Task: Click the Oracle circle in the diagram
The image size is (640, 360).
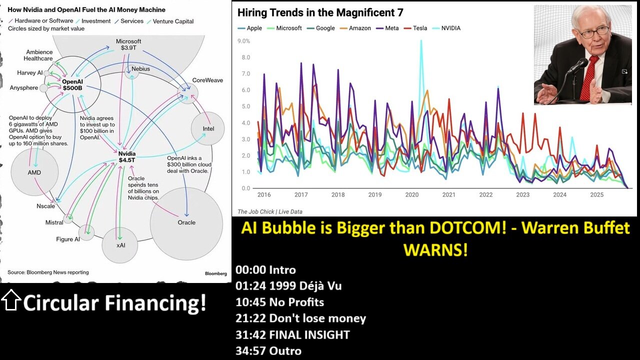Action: pyautogui.click(x=186, y=223)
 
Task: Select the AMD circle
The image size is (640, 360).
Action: pyautogui.click(x=34, y=172)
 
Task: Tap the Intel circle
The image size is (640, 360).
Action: pyautogui.click(x=208, y=129)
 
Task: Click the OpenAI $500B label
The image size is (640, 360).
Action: pyautogui.click(x=73, y=85)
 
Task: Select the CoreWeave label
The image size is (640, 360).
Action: pyautogui.click(x=207, y=80)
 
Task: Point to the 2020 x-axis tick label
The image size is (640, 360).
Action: pyautogui.click(x=411, y=195)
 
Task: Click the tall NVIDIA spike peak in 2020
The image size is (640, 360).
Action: pyautogui.click(x=421, y=41)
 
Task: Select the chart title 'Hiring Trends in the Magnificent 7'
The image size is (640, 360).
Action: pyautogui.click(x=320, y=13)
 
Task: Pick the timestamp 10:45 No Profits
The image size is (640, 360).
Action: pyautogui.click(x=279, y=302)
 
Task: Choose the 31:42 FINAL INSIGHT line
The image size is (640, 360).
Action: pyautogui.click(x=292, y=334)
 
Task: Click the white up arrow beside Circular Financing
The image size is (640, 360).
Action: pyautogui.click(x=11, y=300)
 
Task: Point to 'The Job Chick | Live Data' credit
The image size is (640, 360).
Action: pyautogui.click(x=269, y=211)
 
